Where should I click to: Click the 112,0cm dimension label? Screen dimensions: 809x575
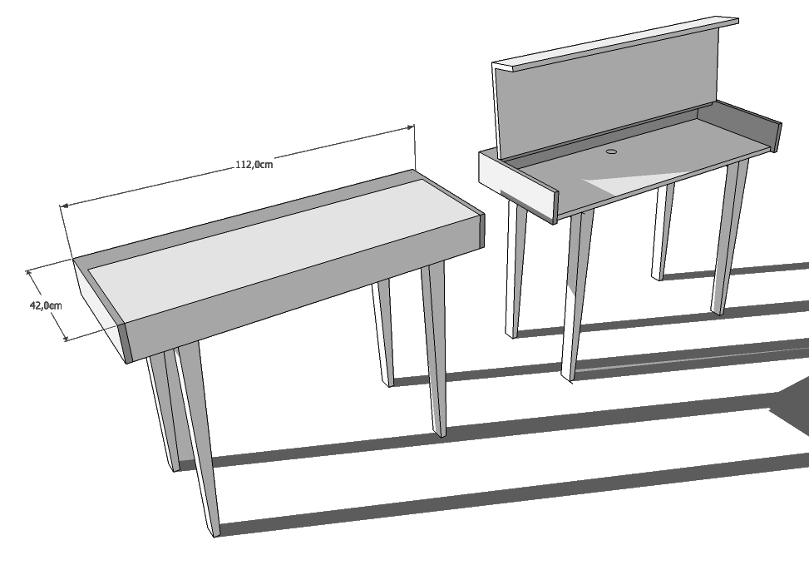point(254,165)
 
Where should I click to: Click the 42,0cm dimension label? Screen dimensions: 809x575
point(46,305)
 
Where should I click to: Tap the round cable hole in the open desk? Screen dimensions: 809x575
point(612,151)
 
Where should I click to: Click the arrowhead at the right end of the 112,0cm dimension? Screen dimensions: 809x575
point(412,127)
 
